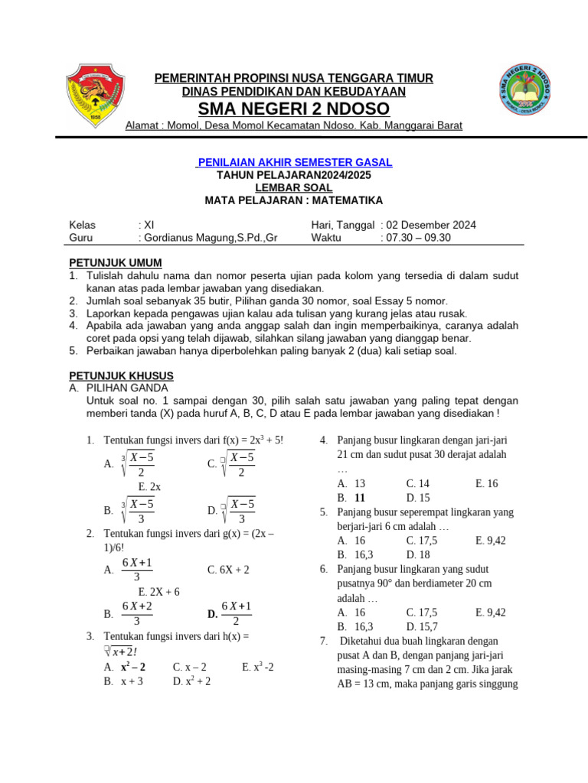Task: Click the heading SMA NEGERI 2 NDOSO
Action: coord(294,109)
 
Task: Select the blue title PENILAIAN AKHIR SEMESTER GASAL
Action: coord(294,162)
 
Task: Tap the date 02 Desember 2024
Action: coord(431,225)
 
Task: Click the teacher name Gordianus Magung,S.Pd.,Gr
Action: coord(207,237)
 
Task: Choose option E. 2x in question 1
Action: coord(149,486)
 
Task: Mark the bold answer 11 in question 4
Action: coord(360,498)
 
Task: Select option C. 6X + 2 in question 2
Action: coord(228,570)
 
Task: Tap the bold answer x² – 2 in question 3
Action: coord(133,667)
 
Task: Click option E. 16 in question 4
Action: coord(487,483)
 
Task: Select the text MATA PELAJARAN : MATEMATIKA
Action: coord(294,200)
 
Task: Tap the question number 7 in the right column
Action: coord(324,641)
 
